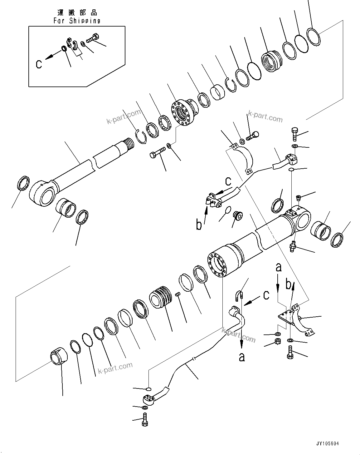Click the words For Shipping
click(x=77, y=21)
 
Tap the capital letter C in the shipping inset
click(x=39, y=64)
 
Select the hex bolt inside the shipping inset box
click(x=91, y=39)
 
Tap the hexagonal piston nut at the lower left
click(x=58, y=356)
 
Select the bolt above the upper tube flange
click(x=295, y=133)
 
